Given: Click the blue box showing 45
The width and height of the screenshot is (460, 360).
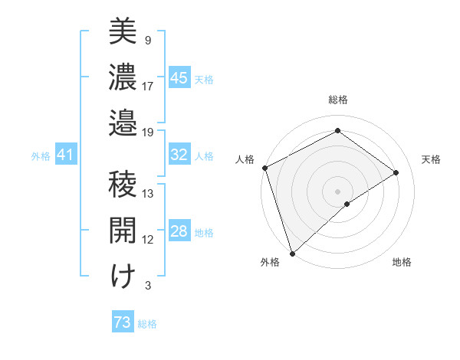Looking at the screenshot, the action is [x=179, y=78].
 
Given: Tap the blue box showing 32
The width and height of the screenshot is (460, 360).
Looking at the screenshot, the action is [x=179, y=155].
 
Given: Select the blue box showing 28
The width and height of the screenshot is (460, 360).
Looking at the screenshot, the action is [x=179, y=232].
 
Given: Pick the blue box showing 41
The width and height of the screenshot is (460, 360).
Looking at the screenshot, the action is [x=65, y=155].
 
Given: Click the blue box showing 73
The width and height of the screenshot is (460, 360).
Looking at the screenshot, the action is [x=123, y=322].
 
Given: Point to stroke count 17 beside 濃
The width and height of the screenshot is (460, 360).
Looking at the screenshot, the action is [x=148, y=86].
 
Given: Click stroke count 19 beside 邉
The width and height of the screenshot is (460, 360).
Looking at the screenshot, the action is [x=148, y=132].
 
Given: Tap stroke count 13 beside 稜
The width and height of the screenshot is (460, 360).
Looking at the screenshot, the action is [x=148, y=193].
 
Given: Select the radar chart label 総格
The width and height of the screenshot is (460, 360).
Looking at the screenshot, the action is [x=337, y=100].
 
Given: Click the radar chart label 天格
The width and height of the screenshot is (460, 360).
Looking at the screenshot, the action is [x=431, y=159].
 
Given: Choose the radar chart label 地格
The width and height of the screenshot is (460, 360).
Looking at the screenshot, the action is [x=402, y=262].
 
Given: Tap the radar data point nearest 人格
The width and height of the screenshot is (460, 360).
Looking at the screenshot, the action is [x=264, y=168].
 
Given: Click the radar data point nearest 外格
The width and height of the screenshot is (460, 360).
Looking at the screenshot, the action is [x=292, y=252].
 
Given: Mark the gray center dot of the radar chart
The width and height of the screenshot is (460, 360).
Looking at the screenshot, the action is [x=337, y=191].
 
